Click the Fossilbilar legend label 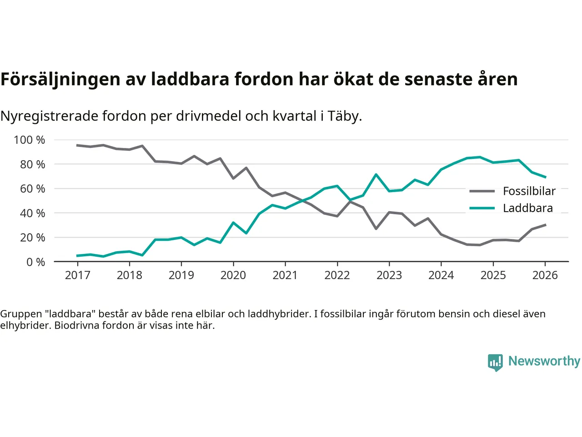pyautogui.click(x=529, y=191)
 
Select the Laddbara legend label pyautogui.click(x=527, y=208)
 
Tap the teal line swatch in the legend pyautogui.click(x=482, y=208)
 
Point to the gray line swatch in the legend pyautogui.click(x=482, y=191)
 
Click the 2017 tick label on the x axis pyautogui.click(x=77, y=275)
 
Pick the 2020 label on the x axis pyautogui.click(x=233, y=275)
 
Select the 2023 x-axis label pyautogui.click(x=389, y=275)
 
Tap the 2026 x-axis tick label pyautogui.click(x=545, y=275)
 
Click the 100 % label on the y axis pyautogui.click(x=30, y=140)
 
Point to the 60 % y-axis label pyautogui.click(x=32, y=188)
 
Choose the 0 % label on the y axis pyautogui.click(x=35, y=262)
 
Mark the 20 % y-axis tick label pyautogui.click(x=32, y=237)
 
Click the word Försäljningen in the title pyautogui.click(x=60, y=79)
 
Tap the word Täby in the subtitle pyautogui.click(x=344, y=116)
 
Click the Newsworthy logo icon pyautogui.click(x=495, y=362)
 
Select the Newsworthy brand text pyautogui.click(x=544, y=361)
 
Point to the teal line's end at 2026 pyautogui.click(x=545, y=177)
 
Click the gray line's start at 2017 pyautogui.click(x=77, y=145)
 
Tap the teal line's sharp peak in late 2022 pyautogui.click(x=376, y=174)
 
